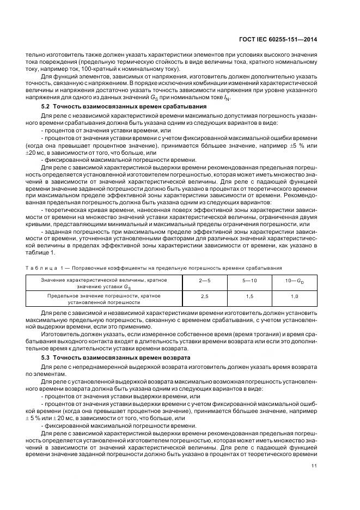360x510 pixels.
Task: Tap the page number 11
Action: [314, 466]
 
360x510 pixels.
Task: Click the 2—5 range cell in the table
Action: [205, 280]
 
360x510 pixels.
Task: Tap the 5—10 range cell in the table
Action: [250, 280]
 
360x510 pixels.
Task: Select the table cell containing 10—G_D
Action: [294, 280]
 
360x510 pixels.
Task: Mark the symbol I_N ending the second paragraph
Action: [227, 98]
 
